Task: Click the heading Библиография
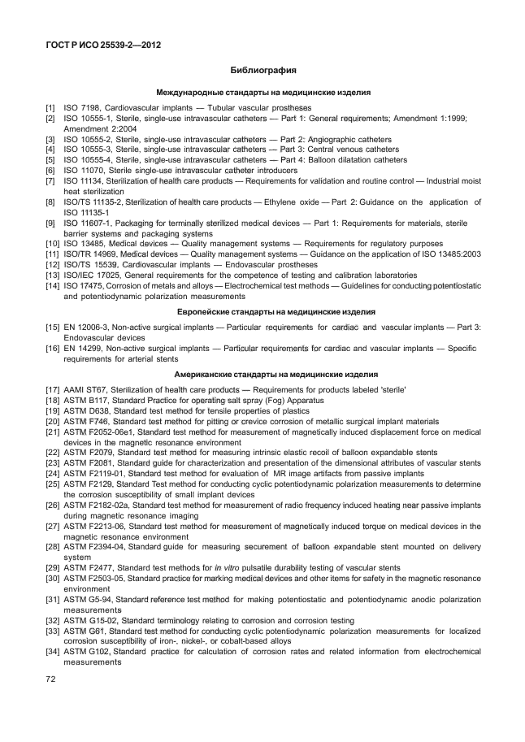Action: click(x=262, y=71)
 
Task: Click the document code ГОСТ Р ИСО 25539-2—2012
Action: click(x=102, y=46)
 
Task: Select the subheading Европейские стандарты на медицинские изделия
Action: click(x=262, y=312)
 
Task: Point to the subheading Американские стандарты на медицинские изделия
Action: click(x=262, y=375)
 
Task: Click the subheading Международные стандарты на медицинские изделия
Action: click(x=262, y=93)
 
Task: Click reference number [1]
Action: click(x=50, y=108)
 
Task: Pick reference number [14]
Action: click(x=52, y=287)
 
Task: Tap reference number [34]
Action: click(x=52, y=653)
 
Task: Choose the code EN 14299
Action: click(x=85, y=348)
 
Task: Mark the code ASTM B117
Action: click(x=88, y=401)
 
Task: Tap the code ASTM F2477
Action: click(x=90, y=568)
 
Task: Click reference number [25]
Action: click(x=52, y=484)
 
